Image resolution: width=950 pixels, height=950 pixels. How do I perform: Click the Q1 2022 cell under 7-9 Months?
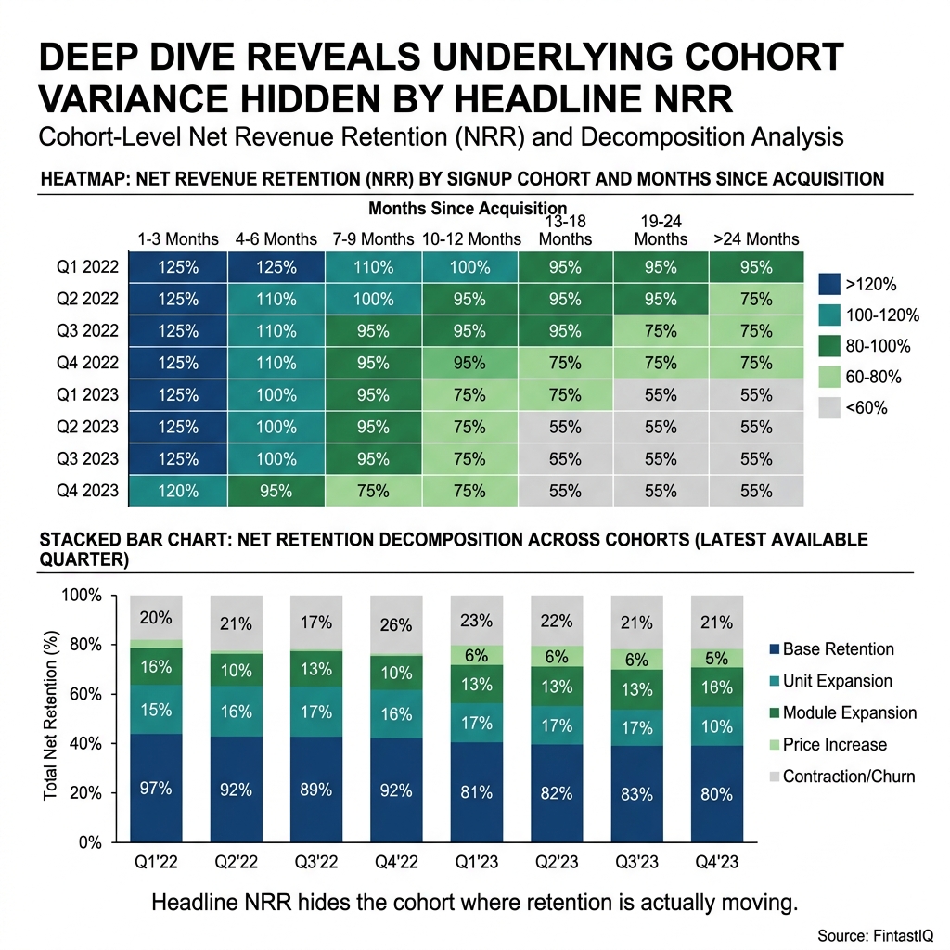point(373,268)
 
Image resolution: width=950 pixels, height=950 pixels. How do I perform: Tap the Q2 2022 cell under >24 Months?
point(756,300)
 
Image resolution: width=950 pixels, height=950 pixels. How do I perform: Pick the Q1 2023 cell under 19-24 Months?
point(661,395)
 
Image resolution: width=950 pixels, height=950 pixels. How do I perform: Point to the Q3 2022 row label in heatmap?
point(87,331)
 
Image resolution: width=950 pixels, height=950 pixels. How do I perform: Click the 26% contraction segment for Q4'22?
point(396,624)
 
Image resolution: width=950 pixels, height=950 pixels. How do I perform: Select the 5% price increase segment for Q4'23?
point(717,658)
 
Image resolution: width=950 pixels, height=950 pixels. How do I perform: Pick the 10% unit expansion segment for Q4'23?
point(717,727)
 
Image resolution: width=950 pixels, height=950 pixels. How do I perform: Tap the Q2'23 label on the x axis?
point(557,862)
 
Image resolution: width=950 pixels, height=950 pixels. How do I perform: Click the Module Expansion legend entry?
point(849,712)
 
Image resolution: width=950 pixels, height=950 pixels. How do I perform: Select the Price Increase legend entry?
point(834,744)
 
